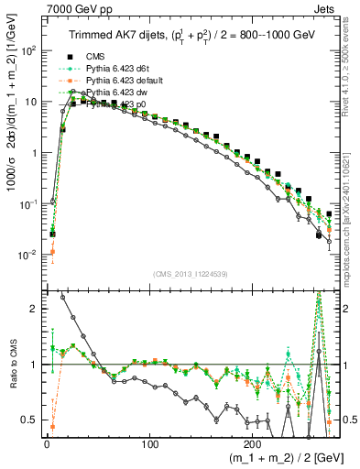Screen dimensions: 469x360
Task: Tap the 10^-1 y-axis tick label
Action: point(27,204)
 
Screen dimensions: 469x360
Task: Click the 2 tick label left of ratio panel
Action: point(32,310)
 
